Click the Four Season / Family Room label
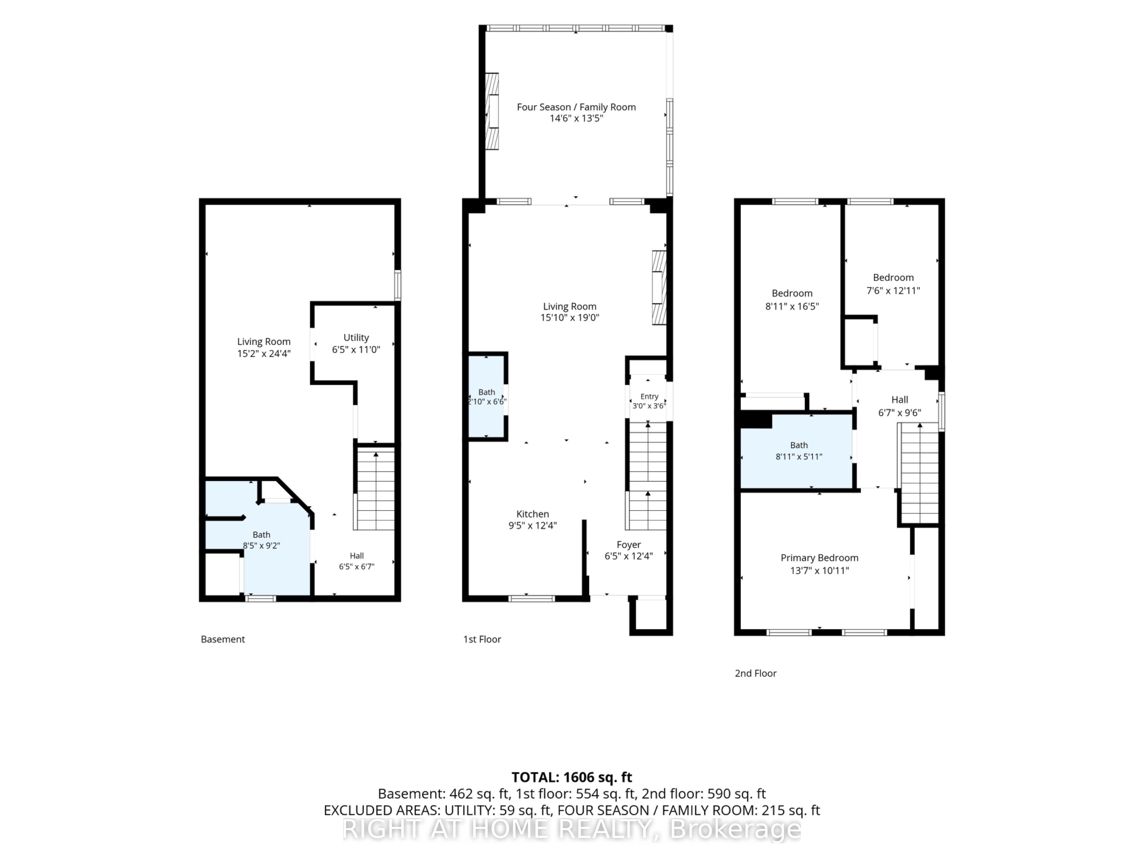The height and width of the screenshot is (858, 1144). click(x=576, y=107)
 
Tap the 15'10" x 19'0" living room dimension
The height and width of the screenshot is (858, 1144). click(x=569, y=318)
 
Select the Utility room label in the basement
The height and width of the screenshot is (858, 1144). click(x=356, y=338)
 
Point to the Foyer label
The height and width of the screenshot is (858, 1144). click(x=628, y=545)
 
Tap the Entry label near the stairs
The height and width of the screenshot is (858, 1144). click(x=649, y=396)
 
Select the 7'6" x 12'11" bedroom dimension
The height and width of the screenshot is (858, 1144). click(x=893, y=291)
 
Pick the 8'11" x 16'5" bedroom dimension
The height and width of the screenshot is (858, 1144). click(x=792, y=306)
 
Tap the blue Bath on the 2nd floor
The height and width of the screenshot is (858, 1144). click(x=796, y=451)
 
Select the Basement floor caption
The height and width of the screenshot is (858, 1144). click(x=223, y=639)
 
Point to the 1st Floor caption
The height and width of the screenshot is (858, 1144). click(x=482, y=639)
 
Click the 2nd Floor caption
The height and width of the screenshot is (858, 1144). click(x=756, y=673)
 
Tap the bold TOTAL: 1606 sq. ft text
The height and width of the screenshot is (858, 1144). click(x=571, y=777)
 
